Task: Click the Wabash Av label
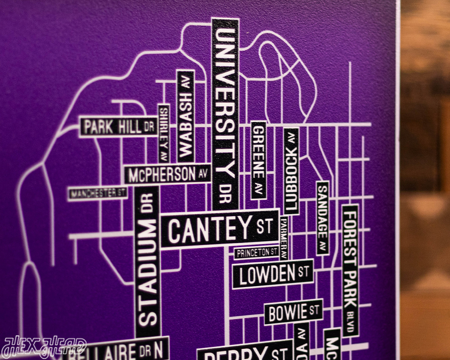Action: (x=185, y=116)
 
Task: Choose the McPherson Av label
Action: (x=168, y=175)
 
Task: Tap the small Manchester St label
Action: (x=98, y=193)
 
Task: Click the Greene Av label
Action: (x=258, y=159)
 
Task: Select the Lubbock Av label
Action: (x=291, y=171)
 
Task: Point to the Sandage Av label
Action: (x=322, y=218)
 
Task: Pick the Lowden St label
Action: (x=273, y=274)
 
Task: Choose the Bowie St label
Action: (x=293, y=312)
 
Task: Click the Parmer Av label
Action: (x=284, y=238)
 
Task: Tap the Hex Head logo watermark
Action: (x=44, y=347)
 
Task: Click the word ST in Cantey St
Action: (x=264, y=225)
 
